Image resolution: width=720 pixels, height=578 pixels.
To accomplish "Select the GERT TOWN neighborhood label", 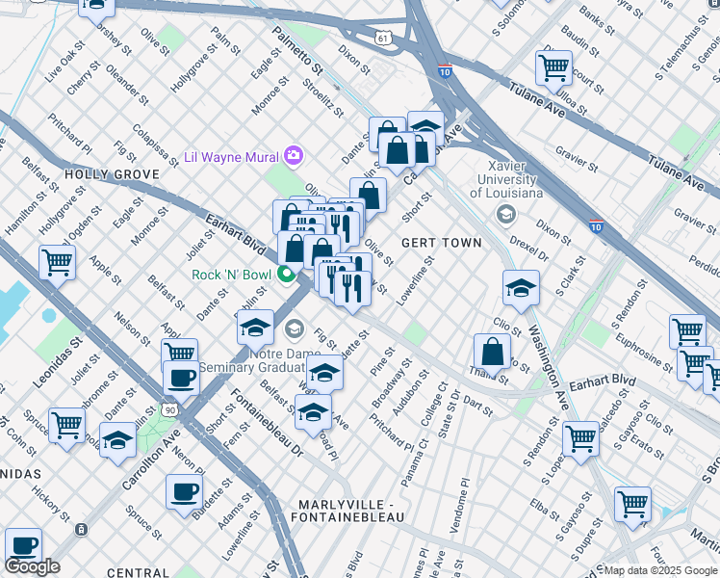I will coord(441,243).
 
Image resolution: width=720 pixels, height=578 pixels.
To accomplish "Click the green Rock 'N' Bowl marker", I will coord(286,276).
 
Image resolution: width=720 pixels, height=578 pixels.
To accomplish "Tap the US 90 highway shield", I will coord(169,410).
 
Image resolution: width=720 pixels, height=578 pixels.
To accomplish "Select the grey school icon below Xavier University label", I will coord(505,213).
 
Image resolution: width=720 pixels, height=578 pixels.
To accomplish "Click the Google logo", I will coord(32,566).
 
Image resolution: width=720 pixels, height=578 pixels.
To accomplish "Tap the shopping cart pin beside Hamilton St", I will coord(58,260).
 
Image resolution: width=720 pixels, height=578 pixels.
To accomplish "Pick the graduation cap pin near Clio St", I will coord(521,288).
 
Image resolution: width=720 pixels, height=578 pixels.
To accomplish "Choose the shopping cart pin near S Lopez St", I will coord(581,438).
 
